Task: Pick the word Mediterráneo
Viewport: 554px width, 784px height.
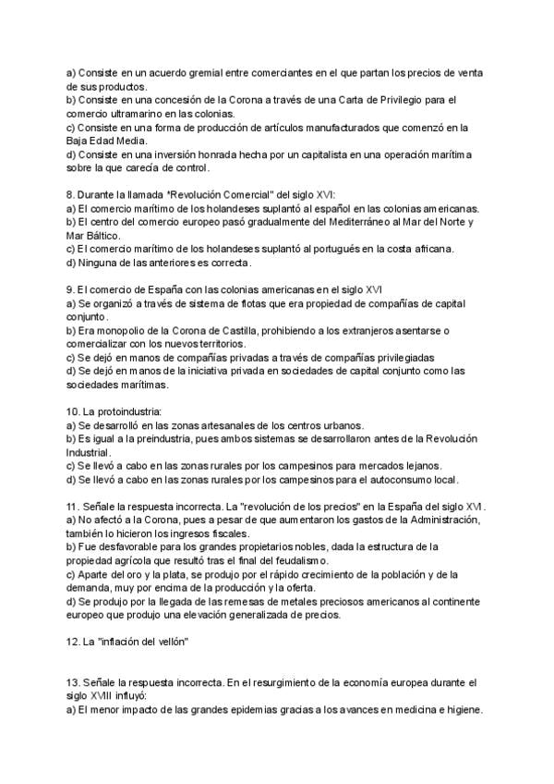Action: click(x=373, y=222)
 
